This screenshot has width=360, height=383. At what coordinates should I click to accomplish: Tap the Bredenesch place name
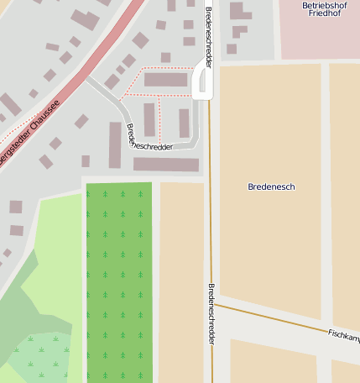tap(272, 186)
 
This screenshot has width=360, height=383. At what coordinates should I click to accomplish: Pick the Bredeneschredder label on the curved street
tap(149, 138)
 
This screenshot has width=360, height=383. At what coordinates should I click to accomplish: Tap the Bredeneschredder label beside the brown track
tap(211, 315)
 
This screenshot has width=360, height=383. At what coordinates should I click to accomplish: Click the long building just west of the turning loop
tap(165, 80)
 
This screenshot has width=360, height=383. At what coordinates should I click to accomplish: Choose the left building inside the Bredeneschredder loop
tap(149, 119)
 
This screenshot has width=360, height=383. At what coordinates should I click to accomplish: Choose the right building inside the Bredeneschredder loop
tap(184, 123)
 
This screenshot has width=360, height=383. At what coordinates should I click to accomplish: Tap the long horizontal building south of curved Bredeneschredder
tap(165, 165)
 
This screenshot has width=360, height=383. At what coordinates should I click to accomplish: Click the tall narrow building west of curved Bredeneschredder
tap(116, 144)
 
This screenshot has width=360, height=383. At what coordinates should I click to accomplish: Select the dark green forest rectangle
tap(119, 281)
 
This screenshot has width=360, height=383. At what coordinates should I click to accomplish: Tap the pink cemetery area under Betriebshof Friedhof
tap(319, 38)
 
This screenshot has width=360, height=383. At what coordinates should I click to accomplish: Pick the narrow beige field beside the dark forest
tap(181, 281)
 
